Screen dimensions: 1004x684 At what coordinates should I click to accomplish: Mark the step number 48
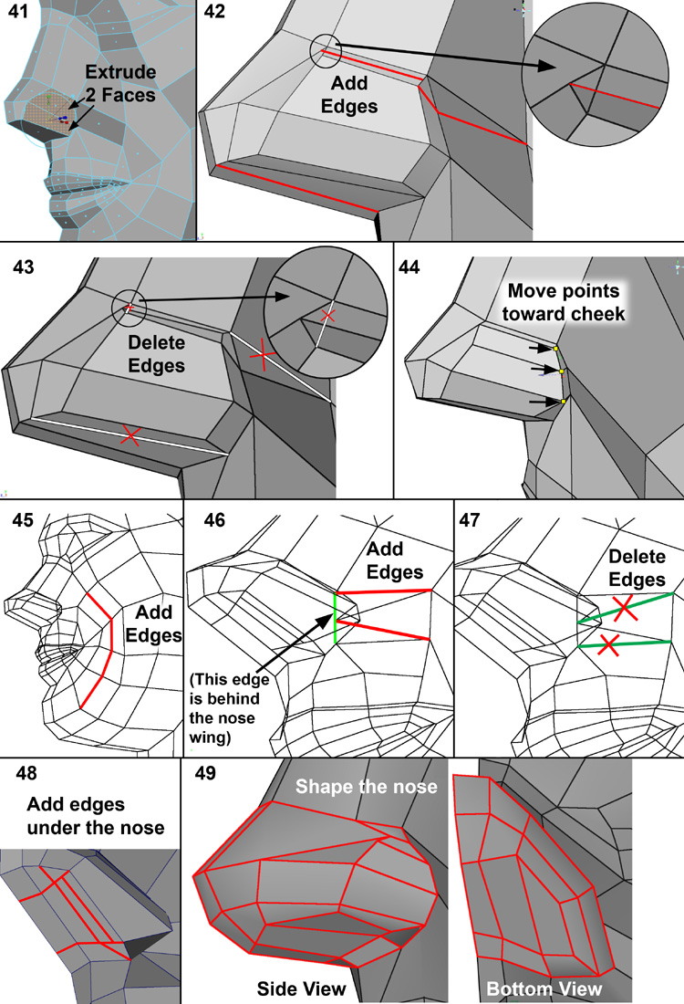click(26, 774)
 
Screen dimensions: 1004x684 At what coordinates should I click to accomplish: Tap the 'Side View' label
click(301, 988)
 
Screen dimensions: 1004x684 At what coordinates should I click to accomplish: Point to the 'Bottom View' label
click(544, 988)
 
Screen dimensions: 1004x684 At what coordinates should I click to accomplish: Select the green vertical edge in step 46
click(336, 618)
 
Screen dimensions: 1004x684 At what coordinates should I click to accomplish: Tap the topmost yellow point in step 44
click(554, 349)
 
